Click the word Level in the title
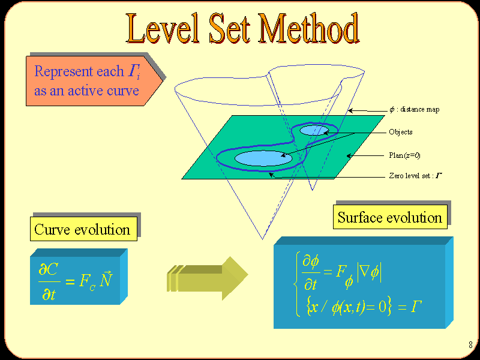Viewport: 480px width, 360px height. coord(163,28)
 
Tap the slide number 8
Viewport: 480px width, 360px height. coord(470,345)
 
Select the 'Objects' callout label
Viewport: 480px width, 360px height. coord(400,132)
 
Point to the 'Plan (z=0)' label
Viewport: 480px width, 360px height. coord(404,155)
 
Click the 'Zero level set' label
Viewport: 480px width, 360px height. coord(416,176)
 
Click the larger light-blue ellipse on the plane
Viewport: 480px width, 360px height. coord(263,158)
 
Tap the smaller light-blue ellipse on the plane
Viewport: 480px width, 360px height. coord(314,130)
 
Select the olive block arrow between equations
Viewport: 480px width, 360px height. coord(208,278)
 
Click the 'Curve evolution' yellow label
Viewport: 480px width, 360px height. coord(83,229)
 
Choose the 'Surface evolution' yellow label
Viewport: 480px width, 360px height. coord(390,217)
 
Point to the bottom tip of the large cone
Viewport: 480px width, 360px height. coord(262,239)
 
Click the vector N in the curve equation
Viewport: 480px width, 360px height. coord(106,278)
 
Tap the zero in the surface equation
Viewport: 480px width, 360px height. coord(382,306)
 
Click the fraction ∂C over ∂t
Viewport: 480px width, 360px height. coord(49,281)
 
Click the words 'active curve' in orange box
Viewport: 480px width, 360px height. coord(103,91)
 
